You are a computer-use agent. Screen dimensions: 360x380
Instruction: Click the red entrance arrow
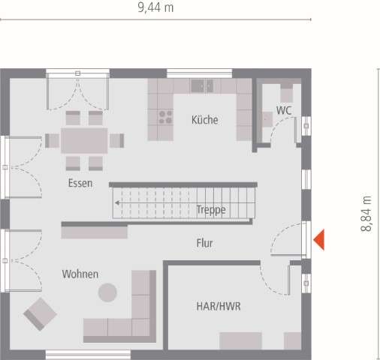click(318, 240)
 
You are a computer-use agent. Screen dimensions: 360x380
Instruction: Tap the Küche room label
click(205, 120)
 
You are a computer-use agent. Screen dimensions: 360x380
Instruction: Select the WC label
click(284, 110)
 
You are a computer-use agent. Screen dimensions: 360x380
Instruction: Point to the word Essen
click(80, 184)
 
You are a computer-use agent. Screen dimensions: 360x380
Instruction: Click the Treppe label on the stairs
click(211, 210)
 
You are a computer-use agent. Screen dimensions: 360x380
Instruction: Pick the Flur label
click(205, 243)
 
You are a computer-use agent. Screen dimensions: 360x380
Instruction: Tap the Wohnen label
click(80, 274)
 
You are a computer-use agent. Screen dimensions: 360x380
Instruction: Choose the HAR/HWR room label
click(218, 307)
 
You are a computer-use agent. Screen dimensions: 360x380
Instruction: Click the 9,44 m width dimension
click(155, 8)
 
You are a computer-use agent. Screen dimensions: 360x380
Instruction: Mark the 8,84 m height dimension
click(367, 214)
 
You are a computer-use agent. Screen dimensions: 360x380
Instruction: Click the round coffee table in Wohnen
click(109, 292)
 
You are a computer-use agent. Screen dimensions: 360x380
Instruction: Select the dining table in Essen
click(85, 140)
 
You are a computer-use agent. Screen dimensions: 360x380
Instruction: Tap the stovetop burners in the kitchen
click(164, 116)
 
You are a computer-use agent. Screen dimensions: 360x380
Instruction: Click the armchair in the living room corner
click(40, 313)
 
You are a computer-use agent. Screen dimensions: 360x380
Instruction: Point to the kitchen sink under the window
click(201, 85)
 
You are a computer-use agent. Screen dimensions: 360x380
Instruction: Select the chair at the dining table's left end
click(52, 140)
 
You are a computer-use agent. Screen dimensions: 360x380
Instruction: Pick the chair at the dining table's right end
click(117, 140)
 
